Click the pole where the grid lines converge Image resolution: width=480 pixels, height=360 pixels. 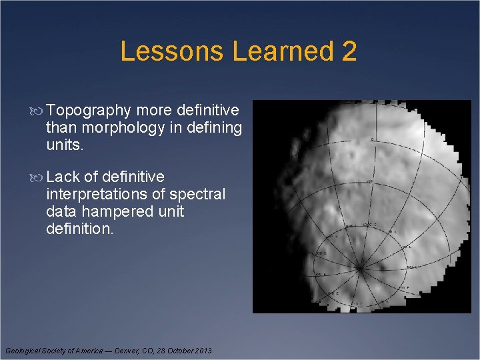tap(360, 268)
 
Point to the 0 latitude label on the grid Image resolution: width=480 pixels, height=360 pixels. tap(372, 139)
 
